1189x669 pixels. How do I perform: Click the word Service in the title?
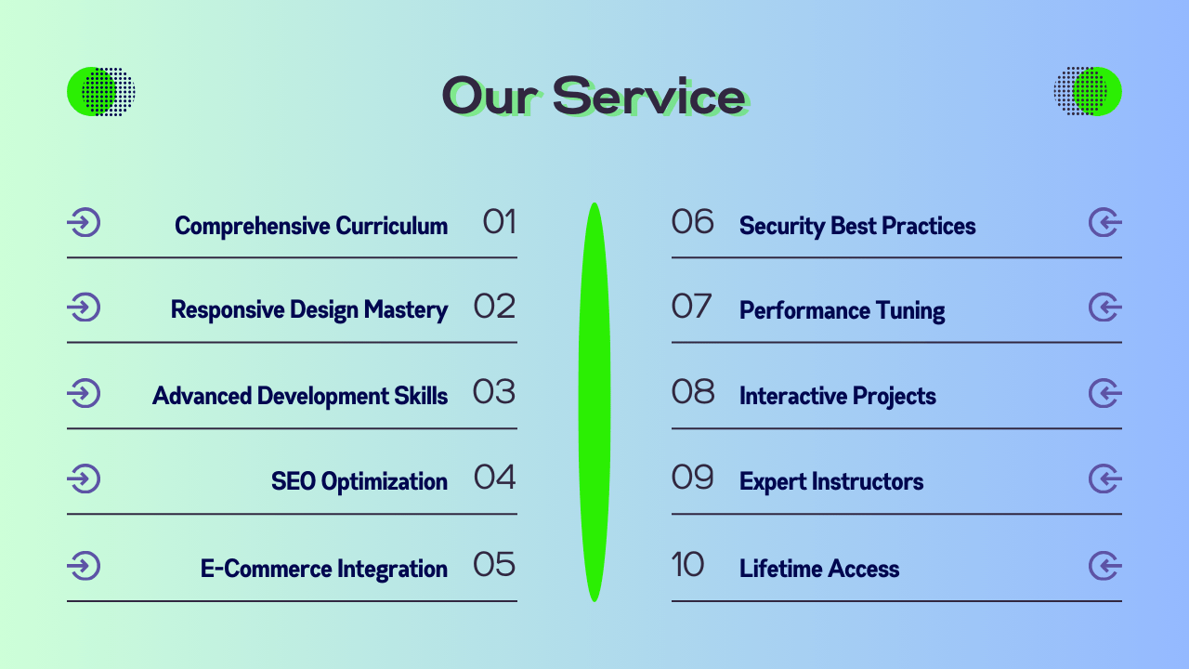(x=650, y=96)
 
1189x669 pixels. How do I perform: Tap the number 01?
(x=499, y=221)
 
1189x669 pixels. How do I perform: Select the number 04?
(x=494, y=477)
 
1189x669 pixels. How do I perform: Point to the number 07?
(x=691, y=307)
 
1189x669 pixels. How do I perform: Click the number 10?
(x=687, y=564)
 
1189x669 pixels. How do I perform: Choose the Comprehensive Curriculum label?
(x=311, y=226)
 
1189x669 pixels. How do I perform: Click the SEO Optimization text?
(x=359, y=481)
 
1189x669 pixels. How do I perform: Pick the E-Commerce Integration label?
(x=324, y=569)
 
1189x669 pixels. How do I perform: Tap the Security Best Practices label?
(x=857, y=226)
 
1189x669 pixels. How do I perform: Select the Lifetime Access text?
(x=819, y=569)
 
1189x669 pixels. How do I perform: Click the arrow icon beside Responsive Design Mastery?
(x=84, y=307)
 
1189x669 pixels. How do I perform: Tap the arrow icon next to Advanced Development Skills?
(x=84, y=393)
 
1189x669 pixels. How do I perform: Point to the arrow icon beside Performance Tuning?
(x=1105, y=307)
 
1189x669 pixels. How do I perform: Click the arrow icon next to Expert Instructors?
(x=1105, y=479)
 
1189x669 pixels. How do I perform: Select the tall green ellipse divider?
(x=594, y=402)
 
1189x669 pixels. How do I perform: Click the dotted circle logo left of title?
(x=101, y=91)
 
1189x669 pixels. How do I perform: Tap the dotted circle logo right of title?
(x=1088, y=91)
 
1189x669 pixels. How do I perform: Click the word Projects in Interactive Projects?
(x=894, y=397)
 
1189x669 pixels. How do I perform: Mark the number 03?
(x=493, y=392)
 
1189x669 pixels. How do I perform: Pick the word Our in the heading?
(x=489, y=96)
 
